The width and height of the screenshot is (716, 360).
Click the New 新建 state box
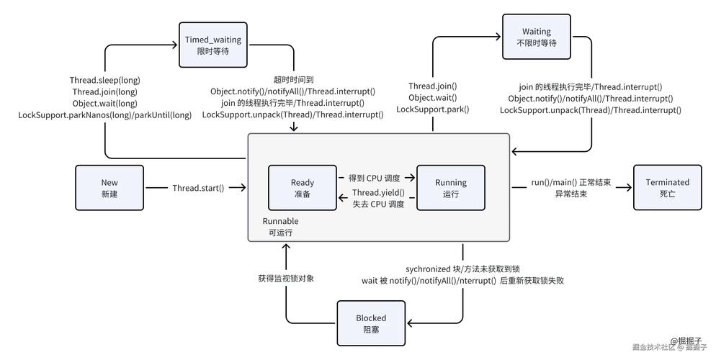click(109, 188)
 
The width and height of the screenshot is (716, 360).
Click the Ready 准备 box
click(303, 188)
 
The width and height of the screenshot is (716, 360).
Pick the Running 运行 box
click(451, 188)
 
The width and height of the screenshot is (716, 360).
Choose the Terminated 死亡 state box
click(667, 188)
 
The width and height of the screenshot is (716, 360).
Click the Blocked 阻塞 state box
click(371, 323)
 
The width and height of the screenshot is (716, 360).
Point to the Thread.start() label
click(198, 188)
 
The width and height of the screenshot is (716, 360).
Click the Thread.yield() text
click(378, 193)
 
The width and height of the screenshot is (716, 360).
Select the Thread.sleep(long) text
click(105, 80)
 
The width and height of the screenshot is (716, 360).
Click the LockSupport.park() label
click(433, 109)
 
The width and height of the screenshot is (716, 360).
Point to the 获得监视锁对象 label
click(286, 278)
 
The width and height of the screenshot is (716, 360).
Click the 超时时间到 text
click(293, 80)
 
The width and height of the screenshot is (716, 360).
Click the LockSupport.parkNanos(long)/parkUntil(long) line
click(105, 114)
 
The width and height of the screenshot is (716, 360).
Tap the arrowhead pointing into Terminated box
click(628, 188)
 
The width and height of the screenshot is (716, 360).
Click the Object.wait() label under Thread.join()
click(433, 98)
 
